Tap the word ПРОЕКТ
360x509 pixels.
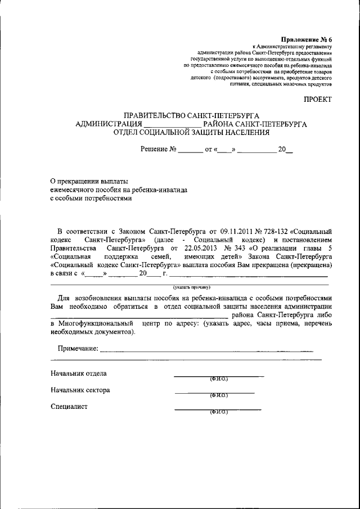click(318, 99)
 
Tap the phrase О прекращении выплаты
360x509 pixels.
click(89, 181)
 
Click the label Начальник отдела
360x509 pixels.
click(78, 373)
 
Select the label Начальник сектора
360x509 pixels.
click(80, 390)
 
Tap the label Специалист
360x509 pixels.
click(69, 407)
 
